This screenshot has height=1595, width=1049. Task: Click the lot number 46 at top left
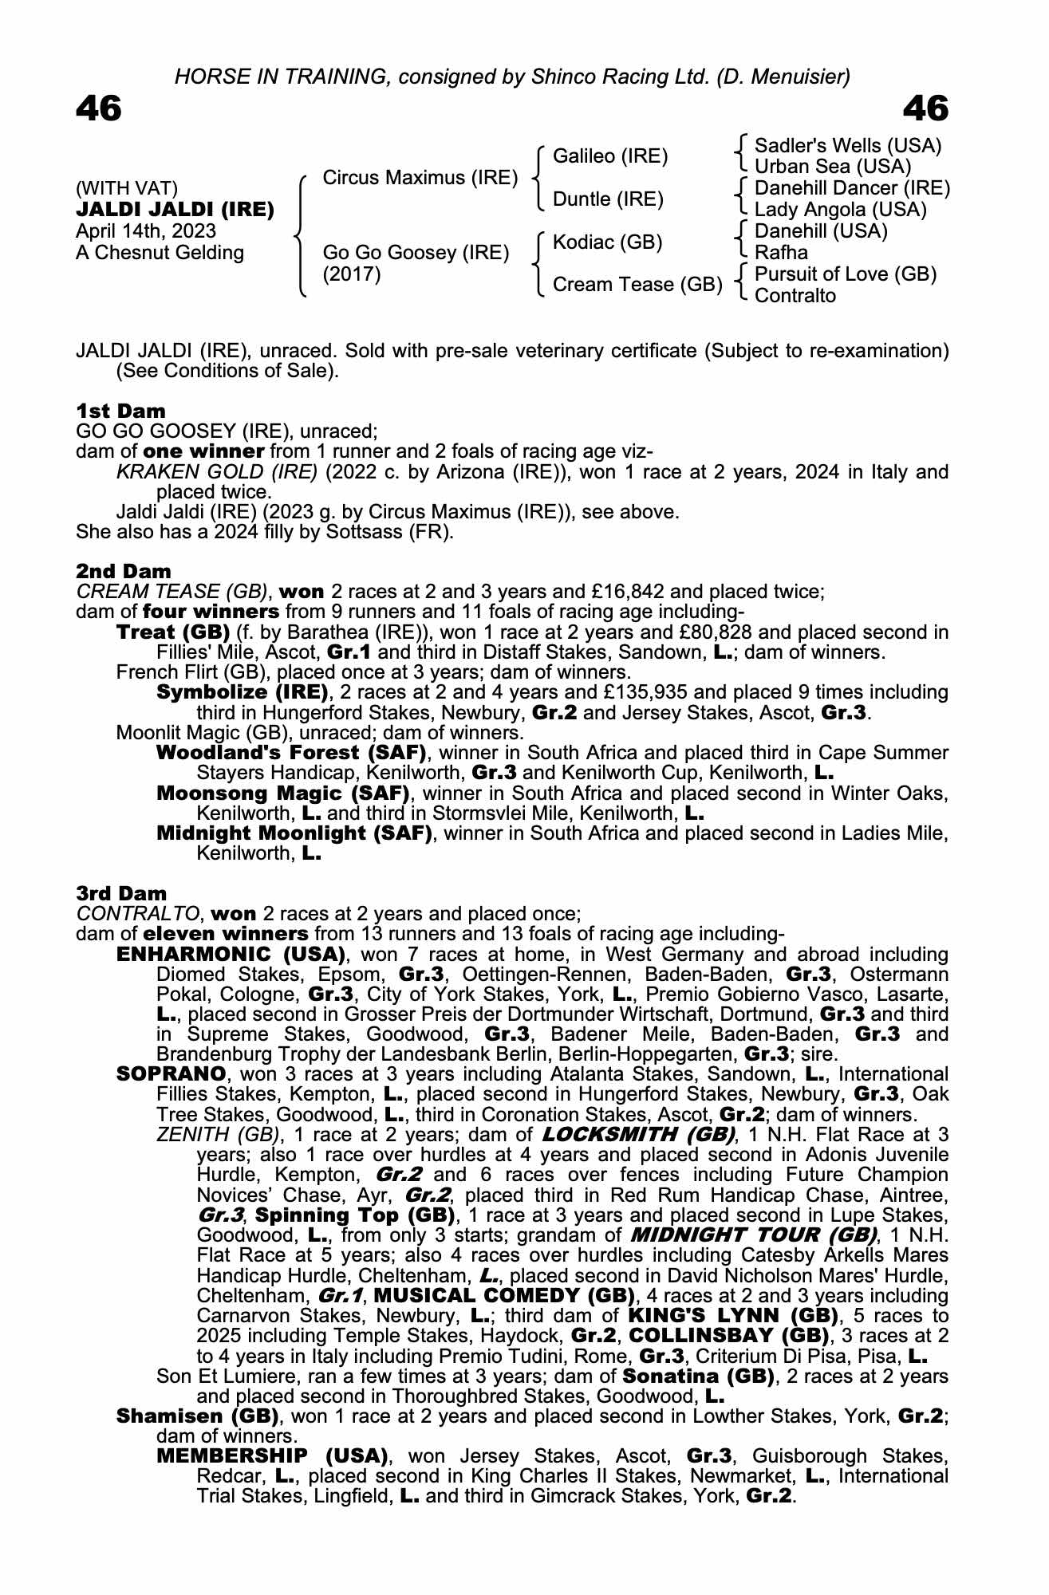coord(99,109)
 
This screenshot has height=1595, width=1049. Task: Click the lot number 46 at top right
coord(925,109)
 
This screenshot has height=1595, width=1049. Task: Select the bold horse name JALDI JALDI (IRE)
coord(175,210)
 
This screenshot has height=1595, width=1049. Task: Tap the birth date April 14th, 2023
coord(146,231)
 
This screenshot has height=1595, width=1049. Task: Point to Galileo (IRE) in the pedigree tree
coord(610,156)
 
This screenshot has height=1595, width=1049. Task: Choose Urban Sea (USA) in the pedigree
coord(833,167)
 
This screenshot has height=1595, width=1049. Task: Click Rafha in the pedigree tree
coord(781,253)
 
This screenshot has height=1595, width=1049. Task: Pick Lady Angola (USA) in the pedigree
coord(841,210)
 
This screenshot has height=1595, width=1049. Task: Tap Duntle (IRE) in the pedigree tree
coord(608,199)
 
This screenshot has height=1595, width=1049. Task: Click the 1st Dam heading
coord(120,411)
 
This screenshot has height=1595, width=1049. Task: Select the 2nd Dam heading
coord(123,571)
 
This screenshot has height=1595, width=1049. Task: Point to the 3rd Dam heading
coord(122,893)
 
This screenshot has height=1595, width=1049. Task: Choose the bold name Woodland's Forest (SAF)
coord(291,753)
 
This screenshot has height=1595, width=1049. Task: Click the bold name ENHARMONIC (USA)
coord(231,955)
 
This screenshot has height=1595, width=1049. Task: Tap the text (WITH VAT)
coord(127,188)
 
